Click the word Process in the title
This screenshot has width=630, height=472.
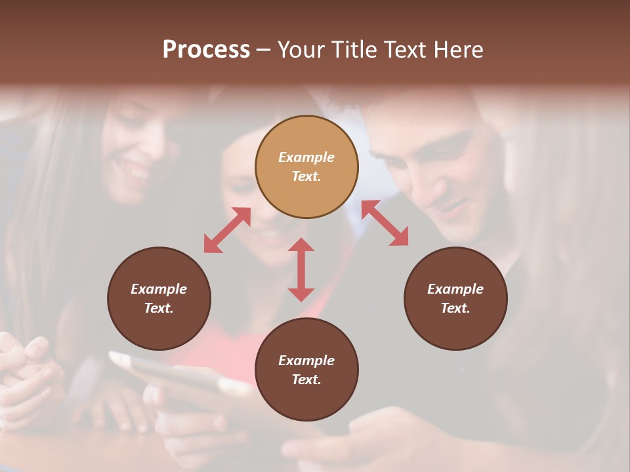(x=206, y=50)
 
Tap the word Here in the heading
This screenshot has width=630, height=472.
(x=459, y=50)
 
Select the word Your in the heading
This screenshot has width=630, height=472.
(x=300, y=50)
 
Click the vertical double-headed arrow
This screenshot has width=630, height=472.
(x=301, y=269)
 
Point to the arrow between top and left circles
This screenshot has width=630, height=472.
(x=227, y=230)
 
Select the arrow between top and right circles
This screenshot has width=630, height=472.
(x=385, y=223)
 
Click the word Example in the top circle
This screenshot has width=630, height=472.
(x=306, y=157)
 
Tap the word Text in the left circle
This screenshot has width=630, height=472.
(x=159, y=308)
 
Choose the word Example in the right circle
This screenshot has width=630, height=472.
(x=455, y=289)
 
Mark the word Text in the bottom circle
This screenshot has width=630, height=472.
(x=306, y=380)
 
